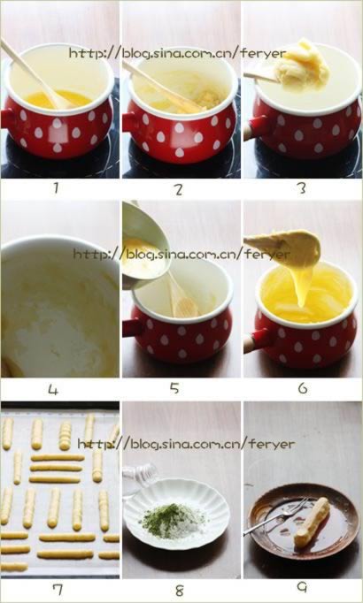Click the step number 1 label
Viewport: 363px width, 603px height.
pyautogui.click(x=56, y=187)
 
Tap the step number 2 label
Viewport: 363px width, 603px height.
pyautogui.click(x=178, y=189)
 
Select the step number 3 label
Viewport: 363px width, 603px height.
pyautogui.click(x=302, y=188)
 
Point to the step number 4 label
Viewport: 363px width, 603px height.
pyautogui.click(x=53, y=390)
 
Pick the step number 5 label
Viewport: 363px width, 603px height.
pyautogui.click(x=174, y=388)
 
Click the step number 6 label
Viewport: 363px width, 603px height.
pyautogui.click(x=303, y=388)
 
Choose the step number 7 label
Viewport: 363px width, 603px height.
pyautogui.click(x=58, y=590)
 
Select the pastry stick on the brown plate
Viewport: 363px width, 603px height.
pyautogui.click(x=312, y=522)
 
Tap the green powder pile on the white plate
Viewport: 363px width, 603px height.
pyautogui.click(x=169, y=520)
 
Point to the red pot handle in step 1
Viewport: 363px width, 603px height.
pyautogui.click(x=8, y=118)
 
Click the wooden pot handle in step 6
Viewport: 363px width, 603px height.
pyautogui.click(x=252, y=342)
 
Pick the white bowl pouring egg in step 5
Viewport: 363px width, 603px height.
pyautogui.click(x=145, y=242)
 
